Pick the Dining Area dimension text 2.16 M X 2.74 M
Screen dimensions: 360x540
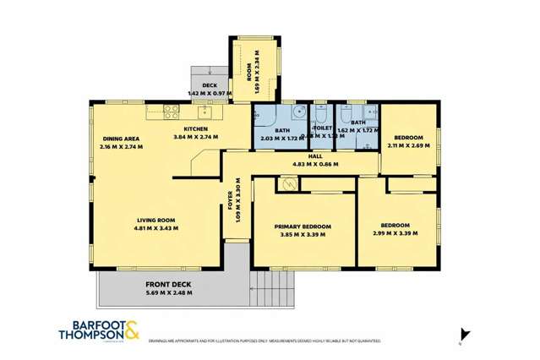click(x=121, y=146)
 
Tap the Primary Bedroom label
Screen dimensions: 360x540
click(x=302, y=226)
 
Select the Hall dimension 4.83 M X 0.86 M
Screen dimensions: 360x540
click(x=315, y=164)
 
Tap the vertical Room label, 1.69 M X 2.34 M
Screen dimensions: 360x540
click(x=251, y=72)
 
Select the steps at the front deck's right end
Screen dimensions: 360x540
click(x=259, y=287)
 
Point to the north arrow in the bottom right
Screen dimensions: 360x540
click(x=461, y=334)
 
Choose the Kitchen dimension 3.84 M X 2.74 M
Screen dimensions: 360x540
click(x=196, y=137)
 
